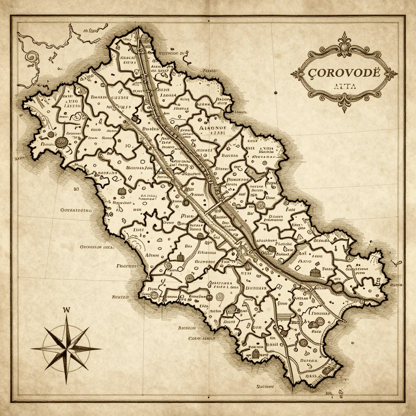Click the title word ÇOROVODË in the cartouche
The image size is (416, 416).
(x=344, y=73)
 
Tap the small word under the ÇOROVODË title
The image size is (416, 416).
(x=344, y=86)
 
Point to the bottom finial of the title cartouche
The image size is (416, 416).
(x=345, y=106)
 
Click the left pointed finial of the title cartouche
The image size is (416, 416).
(x=293, y=74)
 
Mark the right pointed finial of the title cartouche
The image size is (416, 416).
(x=395, y=74)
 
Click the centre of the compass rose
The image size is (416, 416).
(x=66, y=348)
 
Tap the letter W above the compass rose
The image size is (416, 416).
(x=67, y=310)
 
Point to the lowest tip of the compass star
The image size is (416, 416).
(x=66, y=383)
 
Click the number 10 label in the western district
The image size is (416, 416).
(x=128, y=145)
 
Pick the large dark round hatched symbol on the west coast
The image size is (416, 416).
(x=61, y=142)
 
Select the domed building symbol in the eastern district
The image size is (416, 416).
(x=313, y=273)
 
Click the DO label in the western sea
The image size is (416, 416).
(x=76, y=189)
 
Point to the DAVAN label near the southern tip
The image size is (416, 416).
(x=308, y=360)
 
